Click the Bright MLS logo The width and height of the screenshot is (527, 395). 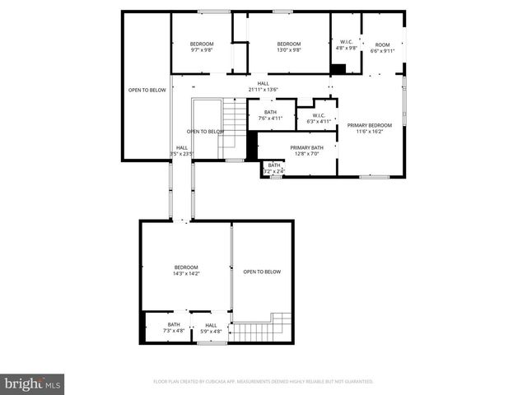coord(33,383)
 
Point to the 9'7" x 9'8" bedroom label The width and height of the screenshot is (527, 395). coord(202,47)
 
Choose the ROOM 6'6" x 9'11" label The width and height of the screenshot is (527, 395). coord(382,48)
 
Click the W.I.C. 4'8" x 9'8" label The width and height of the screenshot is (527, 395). coord(347,45)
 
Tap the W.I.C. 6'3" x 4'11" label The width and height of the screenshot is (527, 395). coord(318,118)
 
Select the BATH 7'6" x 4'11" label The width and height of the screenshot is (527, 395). coord(270,115)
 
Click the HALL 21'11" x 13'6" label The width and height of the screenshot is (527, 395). coord(263,86)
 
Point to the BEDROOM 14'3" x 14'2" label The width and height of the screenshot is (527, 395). coord(186,270)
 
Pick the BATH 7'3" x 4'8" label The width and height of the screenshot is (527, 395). coord(174,328)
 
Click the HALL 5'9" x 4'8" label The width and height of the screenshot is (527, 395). coord(211,328)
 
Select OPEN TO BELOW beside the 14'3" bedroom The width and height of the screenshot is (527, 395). coord(262,272)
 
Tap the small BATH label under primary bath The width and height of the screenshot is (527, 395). coord(273,168)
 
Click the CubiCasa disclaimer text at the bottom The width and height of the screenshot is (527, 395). coord(263,382)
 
